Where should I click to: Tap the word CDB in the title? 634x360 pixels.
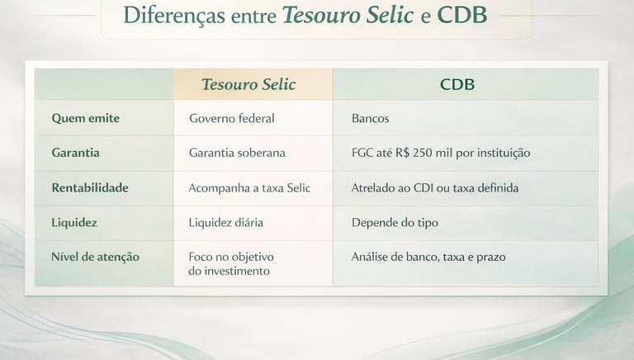[x=462, y=16]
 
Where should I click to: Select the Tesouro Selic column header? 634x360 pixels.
[x=248, y=85]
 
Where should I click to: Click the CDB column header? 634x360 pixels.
[x=457, y=85]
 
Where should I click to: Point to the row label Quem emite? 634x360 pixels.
[x=86, y=118]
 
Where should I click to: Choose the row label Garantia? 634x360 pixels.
[x=75, y=153]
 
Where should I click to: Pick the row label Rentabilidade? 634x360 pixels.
[x=90, y=187]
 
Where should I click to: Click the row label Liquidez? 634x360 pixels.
[x=74, y=222]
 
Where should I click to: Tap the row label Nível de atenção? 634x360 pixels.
[x=95, y=257]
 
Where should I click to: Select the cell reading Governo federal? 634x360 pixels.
[x=231, y=118]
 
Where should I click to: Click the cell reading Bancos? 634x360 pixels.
[x=370, y=118]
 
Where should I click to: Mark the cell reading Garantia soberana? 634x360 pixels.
[x=237, y=153]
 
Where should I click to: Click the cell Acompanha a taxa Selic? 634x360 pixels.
[x=249, y=187]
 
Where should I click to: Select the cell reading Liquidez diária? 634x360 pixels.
[x=225, y=222]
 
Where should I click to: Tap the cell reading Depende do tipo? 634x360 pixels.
[x=395, y=222]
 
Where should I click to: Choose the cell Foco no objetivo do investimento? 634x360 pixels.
[x=231, y=263]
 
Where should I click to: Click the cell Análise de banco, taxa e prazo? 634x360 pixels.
[x=428, y=257]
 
